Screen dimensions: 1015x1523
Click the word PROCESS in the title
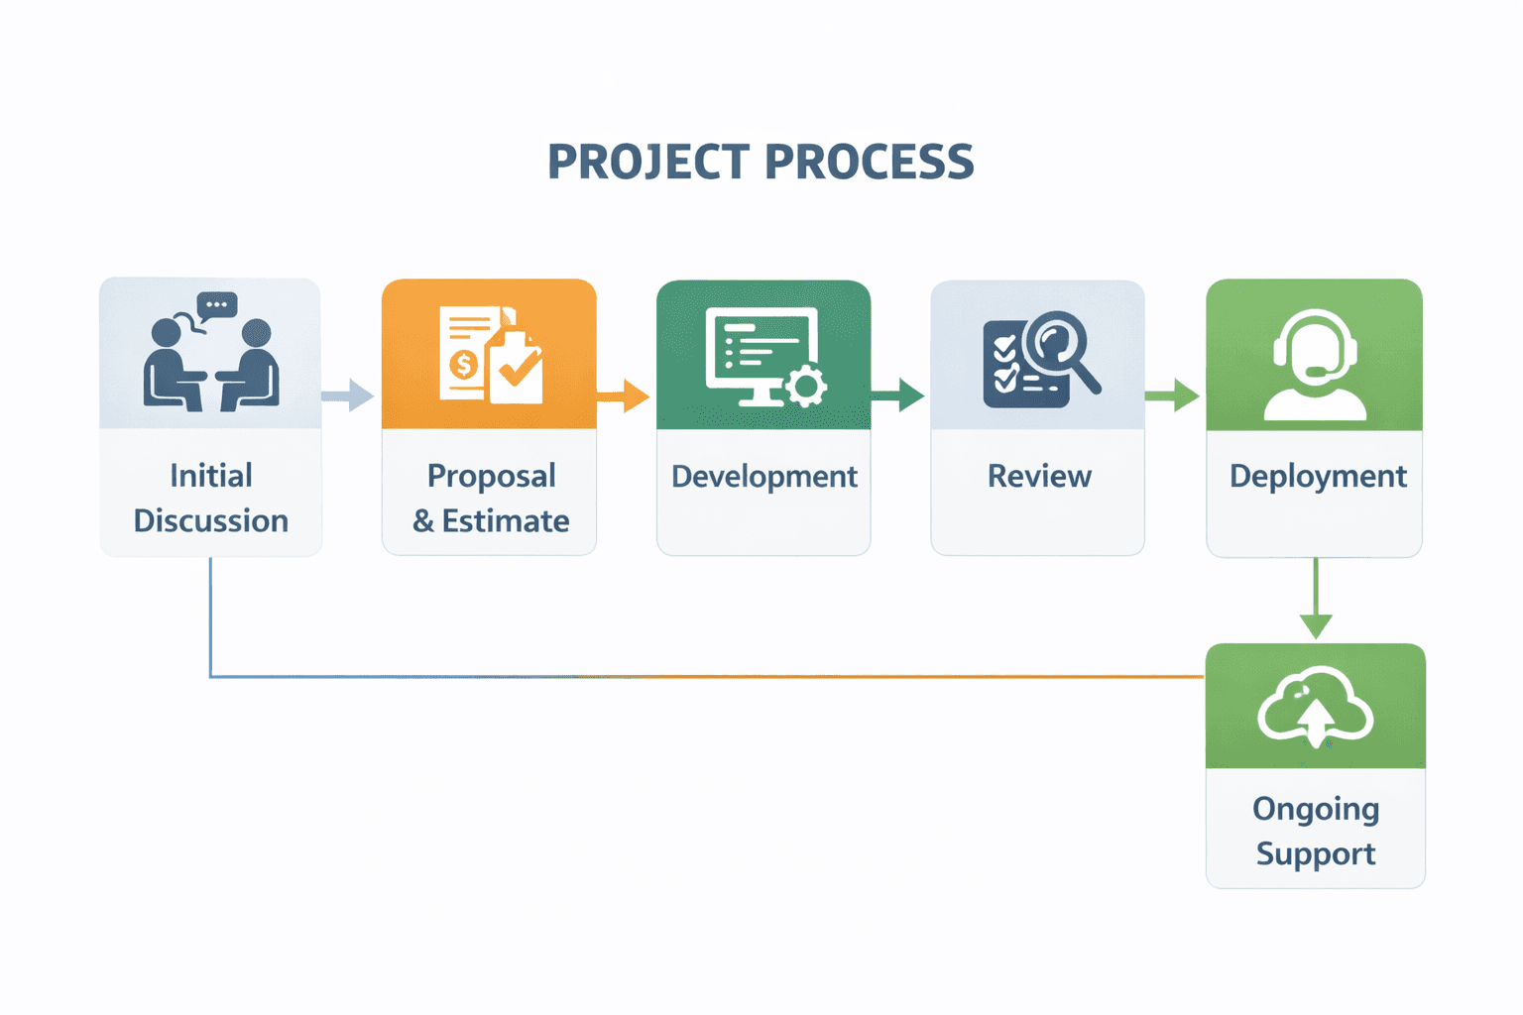[870, 163]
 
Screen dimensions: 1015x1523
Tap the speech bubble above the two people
[217, 305]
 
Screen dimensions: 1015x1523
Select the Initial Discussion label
[211, 498]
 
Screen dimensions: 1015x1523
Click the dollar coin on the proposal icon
[463, 365]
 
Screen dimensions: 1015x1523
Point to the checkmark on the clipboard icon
[519, 370]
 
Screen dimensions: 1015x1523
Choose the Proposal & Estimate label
[491, 498]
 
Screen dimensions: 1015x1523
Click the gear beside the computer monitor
[805, 386]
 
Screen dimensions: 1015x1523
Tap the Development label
[763, 477]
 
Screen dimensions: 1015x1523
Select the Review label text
[1038, 477]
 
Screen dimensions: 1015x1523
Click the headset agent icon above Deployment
[1315, 365]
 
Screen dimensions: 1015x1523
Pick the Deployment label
[1318, 477]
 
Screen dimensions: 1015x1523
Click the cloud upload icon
[1315, 706]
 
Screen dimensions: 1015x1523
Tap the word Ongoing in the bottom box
[1316, 809]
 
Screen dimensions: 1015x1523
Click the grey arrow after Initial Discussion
[349, 395]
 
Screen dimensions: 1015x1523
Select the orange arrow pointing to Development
[625, 395]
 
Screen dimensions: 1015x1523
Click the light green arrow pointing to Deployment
[1174, 395]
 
